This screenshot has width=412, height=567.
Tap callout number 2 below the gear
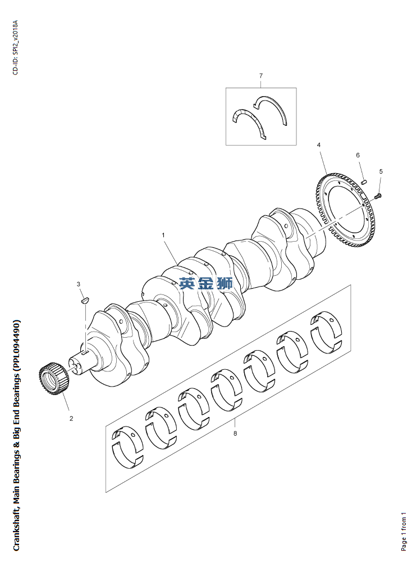(x=71, y=418)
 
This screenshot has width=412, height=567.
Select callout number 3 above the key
(x=79, y=284)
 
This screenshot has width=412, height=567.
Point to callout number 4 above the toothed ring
(x=319, y=145)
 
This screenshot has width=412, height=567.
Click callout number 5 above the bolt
(x=381, y=171)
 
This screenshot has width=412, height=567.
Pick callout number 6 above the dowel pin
(x=358, y=155)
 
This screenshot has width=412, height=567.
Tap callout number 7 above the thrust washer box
(x=261, y=75)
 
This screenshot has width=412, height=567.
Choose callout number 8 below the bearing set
(x=235, y=433)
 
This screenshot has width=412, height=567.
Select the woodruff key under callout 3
(x=84, y=300)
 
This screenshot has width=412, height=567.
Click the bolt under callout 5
(x=378, y=196)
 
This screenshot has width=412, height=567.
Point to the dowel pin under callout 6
(x=363, y=181)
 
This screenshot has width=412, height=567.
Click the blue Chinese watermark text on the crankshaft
(x=206, y=284)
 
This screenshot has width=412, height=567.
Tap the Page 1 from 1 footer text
(x=404, y=532)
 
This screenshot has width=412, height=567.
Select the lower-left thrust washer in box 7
(x=247, y=121)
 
